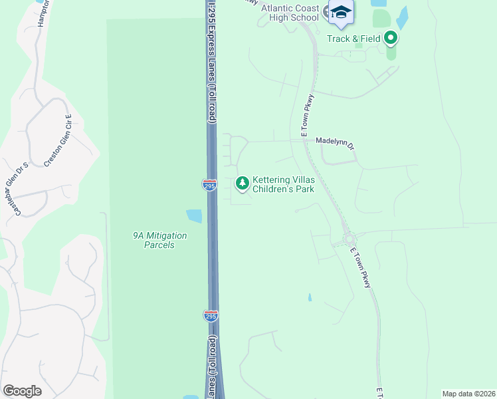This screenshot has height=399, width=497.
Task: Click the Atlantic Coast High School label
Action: click(x=290, y=13)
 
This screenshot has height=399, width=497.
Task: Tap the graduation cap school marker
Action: click(x=342, y=13)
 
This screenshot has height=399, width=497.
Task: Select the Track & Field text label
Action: click(x=353, y=39)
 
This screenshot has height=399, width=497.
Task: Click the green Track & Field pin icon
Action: click(x=391, y=38)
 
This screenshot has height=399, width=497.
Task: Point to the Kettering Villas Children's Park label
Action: click(x=283, y=184)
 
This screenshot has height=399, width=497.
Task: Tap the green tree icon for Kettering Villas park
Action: click(x=243, y=182)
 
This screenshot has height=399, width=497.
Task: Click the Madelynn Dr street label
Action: click(x=335, y=141)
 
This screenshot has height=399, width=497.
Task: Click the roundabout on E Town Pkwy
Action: click(x=348, y=239)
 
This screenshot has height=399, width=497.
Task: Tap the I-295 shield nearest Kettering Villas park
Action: click(x=209, y=186)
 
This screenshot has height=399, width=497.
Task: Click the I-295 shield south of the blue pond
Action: click(x=210, y=315)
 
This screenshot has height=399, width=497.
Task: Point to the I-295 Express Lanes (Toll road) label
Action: click(x=212, y=63)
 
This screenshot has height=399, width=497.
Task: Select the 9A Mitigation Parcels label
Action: click(x=159, y=240)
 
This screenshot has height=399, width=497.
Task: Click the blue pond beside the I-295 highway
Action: click(x=194, y=216)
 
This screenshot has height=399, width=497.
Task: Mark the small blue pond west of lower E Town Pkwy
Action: click(x=309, y=298)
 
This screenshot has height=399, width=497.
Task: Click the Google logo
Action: click(x=23, y=390)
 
